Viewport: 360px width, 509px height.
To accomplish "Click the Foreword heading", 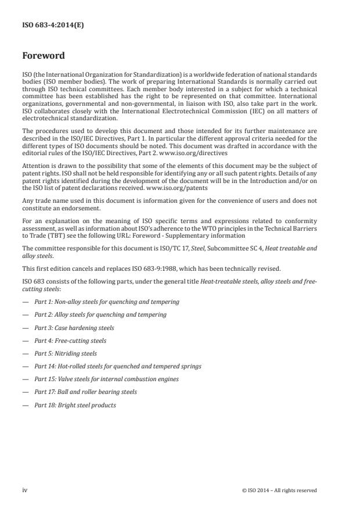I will [44, 56].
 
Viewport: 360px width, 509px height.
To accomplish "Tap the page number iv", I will [25, 490].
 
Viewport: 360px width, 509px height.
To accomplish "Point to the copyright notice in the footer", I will [279, 490].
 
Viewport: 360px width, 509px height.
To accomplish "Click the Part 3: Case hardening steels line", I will [74, 328].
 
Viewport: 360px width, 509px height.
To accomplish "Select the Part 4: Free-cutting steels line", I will [70, 340].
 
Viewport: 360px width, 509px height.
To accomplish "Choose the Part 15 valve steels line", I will [106, 379].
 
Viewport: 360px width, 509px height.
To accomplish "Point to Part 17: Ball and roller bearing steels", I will [85, 392].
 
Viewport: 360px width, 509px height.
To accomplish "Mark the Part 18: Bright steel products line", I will [75, 405].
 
